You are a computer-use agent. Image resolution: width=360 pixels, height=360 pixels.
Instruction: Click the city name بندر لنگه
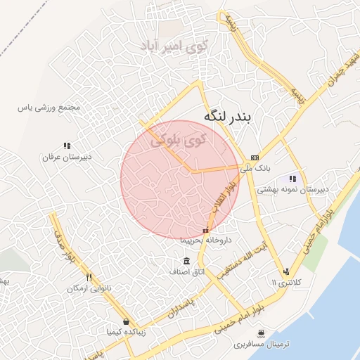[231, 117]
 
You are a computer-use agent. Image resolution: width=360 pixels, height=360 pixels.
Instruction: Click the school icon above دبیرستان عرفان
[67, 146]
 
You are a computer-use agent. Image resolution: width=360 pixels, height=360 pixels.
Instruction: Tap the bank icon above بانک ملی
[255, 157]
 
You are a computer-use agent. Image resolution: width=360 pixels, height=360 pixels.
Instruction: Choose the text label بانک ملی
[255, 168]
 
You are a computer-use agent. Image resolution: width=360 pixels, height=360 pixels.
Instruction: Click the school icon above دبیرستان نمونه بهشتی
[292, 179]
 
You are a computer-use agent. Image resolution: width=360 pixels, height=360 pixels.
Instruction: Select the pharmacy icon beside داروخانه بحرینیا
[205, 230]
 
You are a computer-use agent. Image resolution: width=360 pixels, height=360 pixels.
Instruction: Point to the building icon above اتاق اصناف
[186, 261]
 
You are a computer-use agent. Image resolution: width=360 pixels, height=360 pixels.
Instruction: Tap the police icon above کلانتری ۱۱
[286, 271]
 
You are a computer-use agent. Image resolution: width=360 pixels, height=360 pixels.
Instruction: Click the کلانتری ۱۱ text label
[285, 282]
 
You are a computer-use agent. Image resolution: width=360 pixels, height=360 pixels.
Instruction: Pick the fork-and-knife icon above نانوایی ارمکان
[89, 276]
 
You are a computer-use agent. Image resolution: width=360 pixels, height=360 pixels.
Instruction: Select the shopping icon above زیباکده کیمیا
[126, 321]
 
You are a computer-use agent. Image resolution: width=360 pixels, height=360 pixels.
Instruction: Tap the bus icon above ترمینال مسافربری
[262, 333]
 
